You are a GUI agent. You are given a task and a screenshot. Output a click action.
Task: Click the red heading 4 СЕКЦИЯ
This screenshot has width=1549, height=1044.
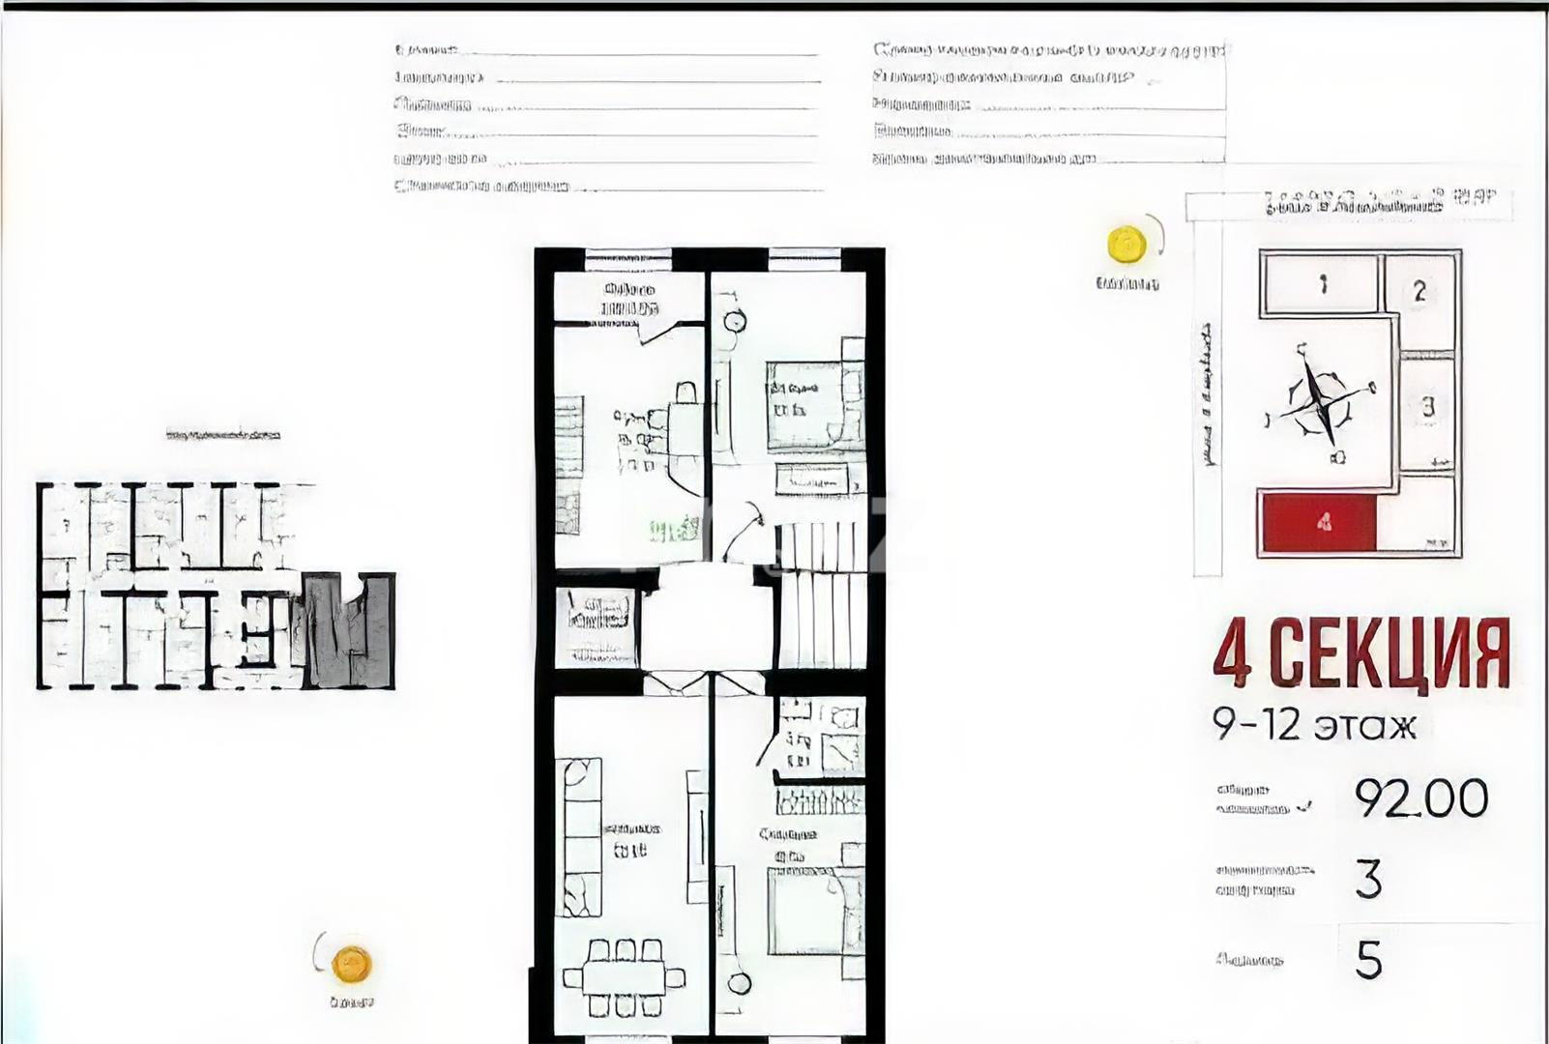[x=1360, y=655]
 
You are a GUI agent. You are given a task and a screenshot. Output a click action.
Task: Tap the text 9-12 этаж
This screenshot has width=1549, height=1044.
[x=1314, y=724]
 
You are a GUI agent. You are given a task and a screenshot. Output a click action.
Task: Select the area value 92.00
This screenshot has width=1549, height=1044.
[x=1420, y=798]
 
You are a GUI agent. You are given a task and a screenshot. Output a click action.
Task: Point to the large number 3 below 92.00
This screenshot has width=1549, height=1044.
[x=1368, y=879]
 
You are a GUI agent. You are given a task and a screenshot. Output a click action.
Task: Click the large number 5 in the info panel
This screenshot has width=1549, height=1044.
[x=1368, y=960]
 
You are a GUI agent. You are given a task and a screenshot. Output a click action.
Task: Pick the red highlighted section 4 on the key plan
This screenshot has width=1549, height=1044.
[x=1319, y=523]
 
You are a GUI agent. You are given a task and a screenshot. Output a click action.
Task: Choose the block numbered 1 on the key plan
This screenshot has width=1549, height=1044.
[x=1322, y=283]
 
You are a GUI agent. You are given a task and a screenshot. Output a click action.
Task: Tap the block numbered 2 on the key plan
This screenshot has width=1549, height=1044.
[x=1418, y=290]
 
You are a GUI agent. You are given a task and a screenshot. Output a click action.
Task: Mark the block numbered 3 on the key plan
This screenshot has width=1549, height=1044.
[x=1427, y=407]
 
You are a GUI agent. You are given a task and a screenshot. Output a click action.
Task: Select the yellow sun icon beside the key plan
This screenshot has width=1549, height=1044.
[x=1125, y=244]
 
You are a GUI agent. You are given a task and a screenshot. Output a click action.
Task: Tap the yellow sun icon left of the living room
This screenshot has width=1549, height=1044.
[x=350, y=964]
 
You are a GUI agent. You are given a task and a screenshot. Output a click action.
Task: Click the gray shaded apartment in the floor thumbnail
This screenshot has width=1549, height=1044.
[x=348, y=630]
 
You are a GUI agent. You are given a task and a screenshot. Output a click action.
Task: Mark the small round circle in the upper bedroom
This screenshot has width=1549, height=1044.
[x=735, y=321]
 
